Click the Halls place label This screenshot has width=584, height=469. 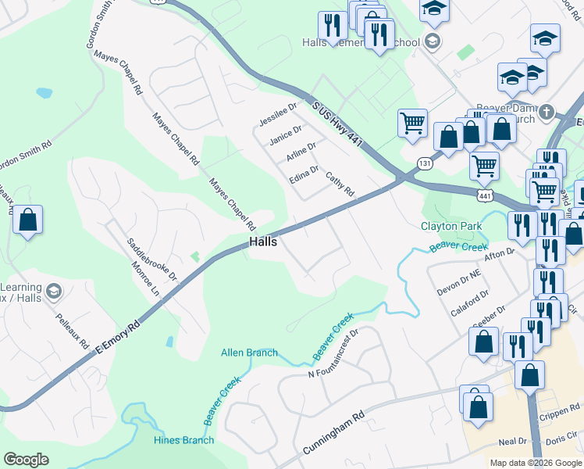point(264,242)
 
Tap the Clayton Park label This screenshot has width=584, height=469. point(452,227)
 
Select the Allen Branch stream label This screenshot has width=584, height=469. point(249,353)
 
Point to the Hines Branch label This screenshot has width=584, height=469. point(183,440)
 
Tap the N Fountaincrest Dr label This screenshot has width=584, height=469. point(333,353)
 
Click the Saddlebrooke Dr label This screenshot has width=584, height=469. point(152,255)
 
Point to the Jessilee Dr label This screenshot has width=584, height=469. point(279,114)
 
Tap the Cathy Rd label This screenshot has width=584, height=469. point(340,184)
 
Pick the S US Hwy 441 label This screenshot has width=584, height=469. point(337,126)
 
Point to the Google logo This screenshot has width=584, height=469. point(26,460)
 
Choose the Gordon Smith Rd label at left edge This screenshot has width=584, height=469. point(26,153)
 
